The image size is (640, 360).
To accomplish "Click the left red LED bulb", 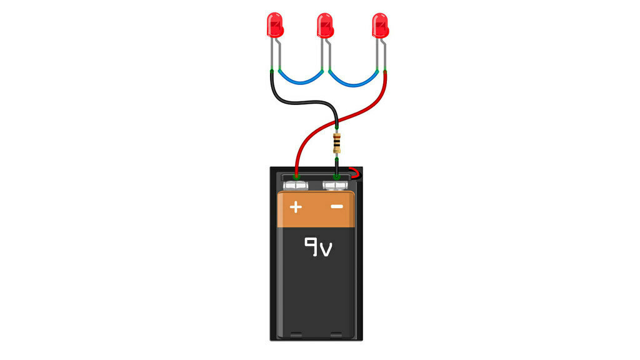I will click(273, 25).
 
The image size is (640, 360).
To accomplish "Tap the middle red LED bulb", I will click(326, 25).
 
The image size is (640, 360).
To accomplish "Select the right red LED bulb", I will click(380, 25).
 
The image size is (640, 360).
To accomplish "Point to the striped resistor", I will click(337, 143).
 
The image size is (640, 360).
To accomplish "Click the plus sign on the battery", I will click(296, 206).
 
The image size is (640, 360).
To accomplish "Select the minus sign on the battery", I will click(337, 206).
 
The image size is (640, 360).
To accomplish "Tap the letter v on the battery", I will click(326, 250).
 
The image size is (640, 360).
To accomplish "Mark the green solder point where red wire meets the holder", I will click(296, 177).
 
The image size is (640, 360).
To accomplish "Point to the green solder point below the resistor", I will click(337, 177).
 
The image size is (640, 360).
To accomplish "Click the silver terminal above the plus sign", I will click(296, 186).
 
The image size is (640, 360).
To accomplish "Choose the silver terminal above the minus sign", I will click(336, 186).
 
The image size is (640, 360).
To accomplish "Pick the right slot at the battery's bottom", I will click(336, 334).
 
